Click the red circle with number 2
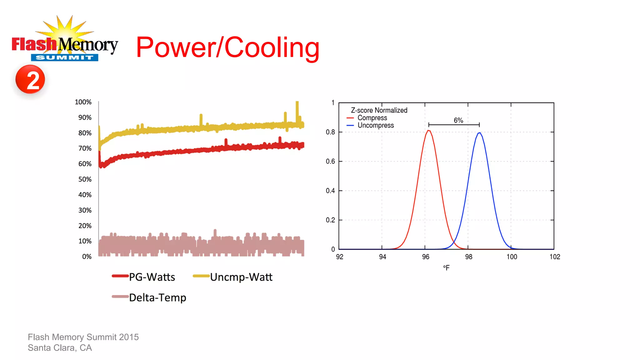click(30, 79)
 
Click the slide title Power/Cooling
click(228, 47)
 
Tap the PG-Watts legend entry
click(144, 277)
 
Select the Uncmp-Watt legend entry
click(233, 277)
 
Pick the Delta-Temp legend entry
click(149, 297)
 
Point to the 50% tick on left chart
click(85, 179)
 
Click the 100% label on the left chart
click(83, 102)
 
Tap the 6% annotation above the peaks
click(458, 120)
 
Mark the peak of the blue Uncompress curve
click(480, 133)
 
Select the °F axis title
click(446, 268)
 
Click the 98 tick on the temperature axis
click(468, 257)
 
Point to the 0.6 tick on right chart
click(330, 161)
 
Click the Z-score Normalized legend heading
click(379, 110)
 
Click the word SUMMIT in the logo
click(64, 57)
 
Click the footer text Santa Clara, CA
click(60, 348)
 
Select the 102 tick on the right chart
click(555, 257)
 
